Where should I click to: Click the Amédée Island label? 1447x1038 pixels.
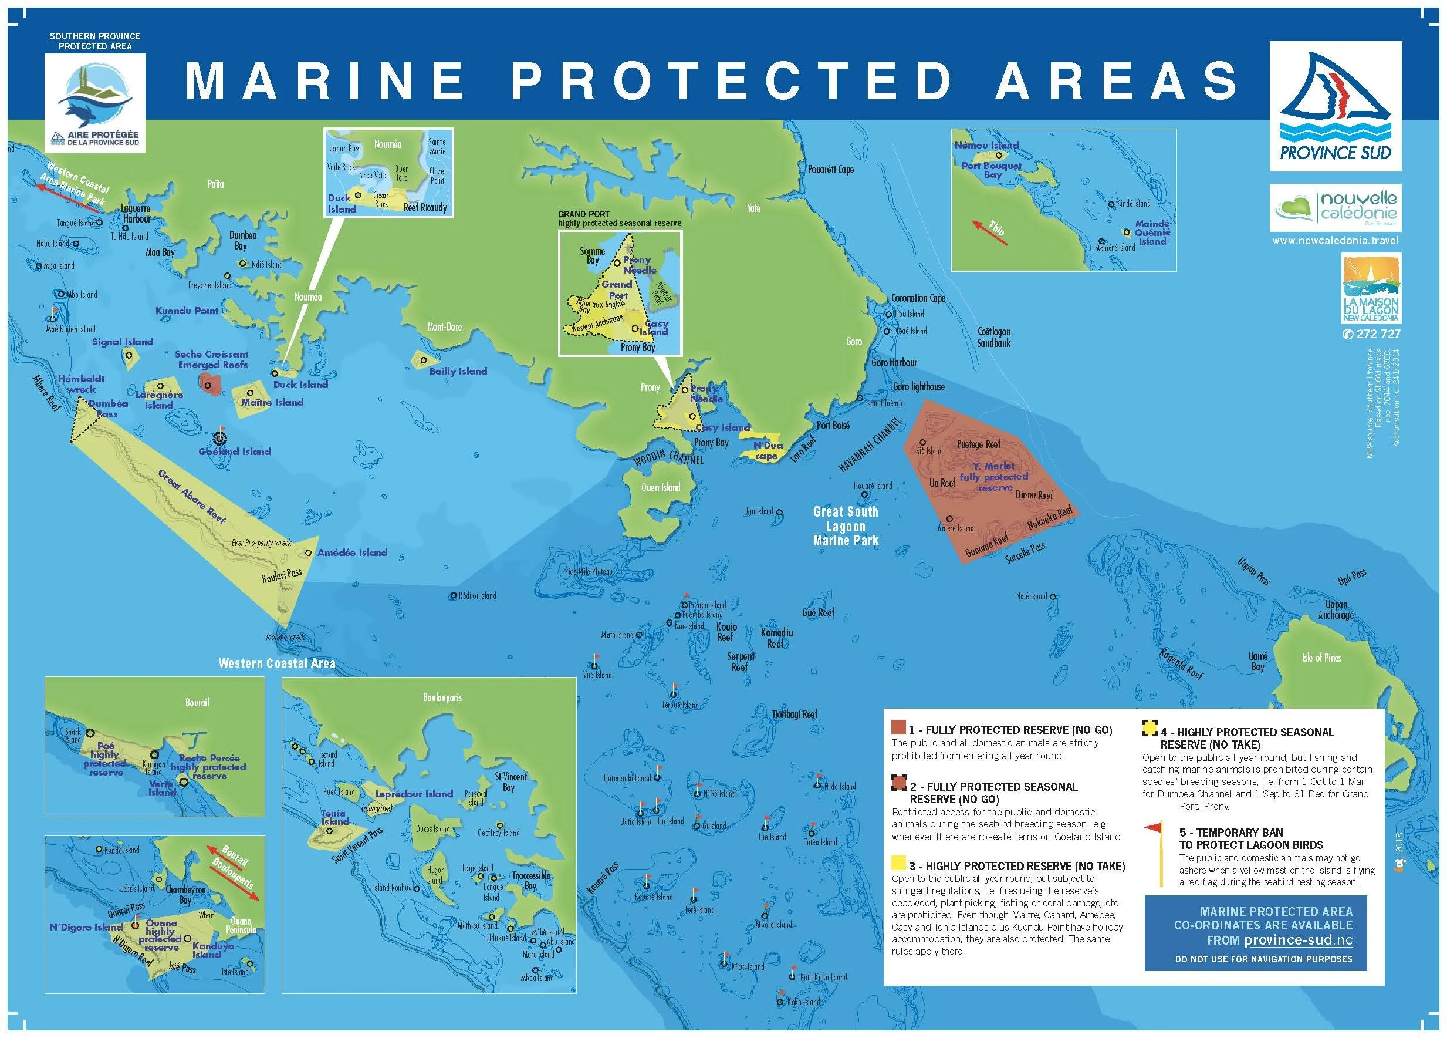(x=352, y=553)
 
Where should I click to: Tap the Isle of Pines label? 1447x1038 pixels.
(x=1321, y=658)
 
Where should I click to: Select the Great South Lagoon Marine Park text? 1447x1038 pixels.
(x=846, y=526)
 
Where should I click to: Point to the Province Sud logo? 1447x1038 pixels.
(x=1336, y=107)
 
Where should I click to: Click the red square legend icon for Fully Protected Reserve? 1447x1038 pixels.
(x=898, y=727)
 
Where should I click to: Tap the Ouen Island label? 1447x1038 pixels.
(x=660, y=488)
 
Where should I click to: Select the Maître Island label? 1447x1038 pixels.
(x=272, y=402)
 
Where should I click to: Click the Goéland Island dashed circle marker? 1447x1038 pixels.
(x=220, y=438)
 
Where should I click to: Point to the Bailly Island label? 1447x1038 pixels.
(x=458, y=371)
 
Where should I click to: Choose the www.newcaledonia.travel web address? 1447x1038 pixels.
(x=1335, y=241)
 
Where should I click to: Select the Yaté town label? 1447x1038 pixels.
(x=753, y=208)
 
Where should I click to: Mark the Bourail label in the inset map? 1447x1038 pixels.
(x=197, y=702)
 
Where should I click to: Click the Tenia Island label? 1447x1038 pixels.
(x=334, y=817)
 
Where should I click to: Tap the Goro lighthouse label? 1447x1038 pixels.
(x=919, y=387)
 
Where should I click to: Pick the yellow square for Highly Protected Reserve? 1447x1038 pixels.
(x=898, y=864)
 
